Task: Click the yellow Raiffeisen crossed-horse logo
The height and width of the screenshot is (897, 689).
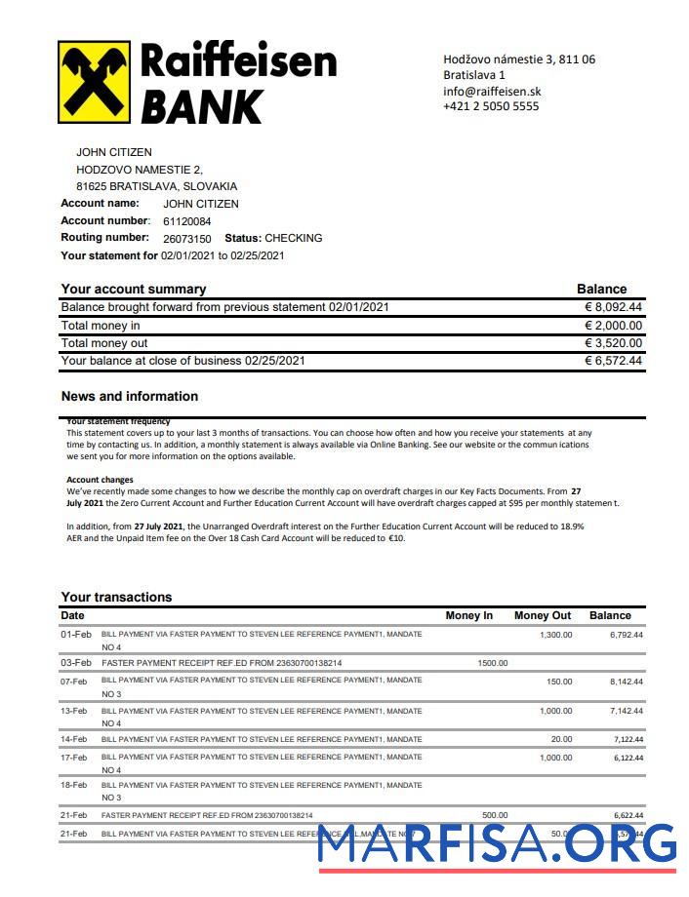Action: click(96, 82)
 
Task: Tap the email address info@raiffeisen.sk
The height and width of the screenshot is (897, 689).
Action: click(492, 91)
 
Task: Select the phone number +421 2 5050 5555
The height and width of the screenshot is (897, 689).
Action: click(490, 106)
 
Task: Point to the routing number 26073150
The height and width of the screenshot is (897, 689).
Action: click(186, 239)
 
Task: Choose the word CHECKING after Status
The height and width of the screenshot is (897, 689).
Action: click(293, 238)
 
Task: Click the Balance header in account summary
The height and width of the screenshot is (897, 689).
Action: click(601, 289)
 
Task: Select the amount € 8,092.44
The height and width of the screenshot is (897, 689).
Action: click(613, 307)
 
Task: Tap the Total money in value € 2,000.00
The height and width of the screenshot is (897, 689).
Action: click(613, 326)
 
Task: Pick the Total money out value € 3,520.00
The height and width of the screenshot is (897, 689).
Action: click(613, 343)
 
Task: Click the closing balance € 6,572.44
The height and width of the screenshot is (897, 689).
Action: click(613, 361)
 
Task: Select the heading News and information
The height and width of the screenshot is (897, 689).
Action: click(129, 396)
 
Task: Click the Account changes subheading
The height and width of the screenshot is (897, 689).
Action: click(100, 480)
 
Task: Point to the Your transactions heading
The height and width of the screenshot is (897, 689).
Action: click(116, 597)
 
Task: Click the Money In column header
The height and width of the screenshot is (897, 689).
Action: click(469, 615)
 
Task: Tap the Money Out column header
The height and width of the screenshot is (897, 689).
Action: click(543, 615)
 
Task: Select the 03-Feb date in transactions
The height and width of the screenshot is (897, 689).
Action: click(75, 663)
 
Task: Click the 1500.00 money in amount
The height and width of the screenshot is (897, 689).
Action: click(492, 663)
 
